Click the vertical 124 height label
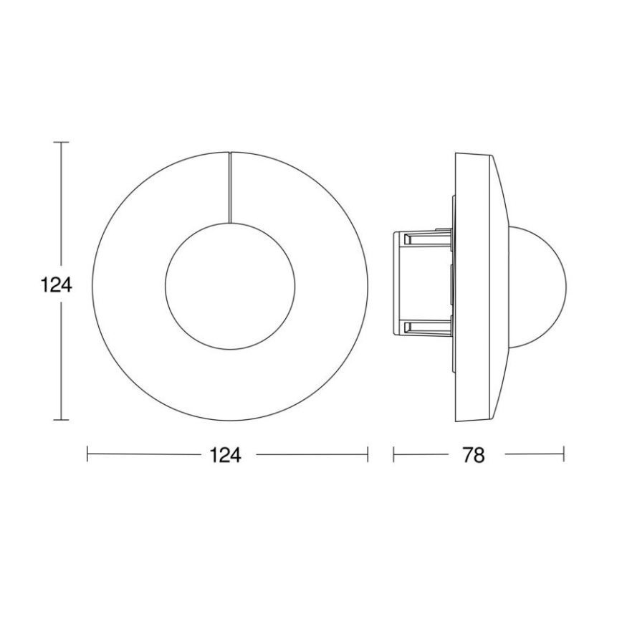click(56, 285)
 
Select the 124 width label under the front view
click(226, 455)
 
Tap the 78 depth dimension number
click(474, 455)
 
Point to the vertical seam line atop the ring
click(230, 186)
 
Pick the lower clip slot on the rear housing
click(427, 327)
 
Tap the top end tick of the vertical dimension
click(63, 143)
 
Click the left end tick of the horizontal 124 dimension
click(87, 454)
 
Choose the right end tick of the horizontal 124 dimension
click(368, 454)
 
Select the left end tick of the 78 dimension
click(393, 454)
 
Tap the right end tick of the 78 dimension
click(563, 454)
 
